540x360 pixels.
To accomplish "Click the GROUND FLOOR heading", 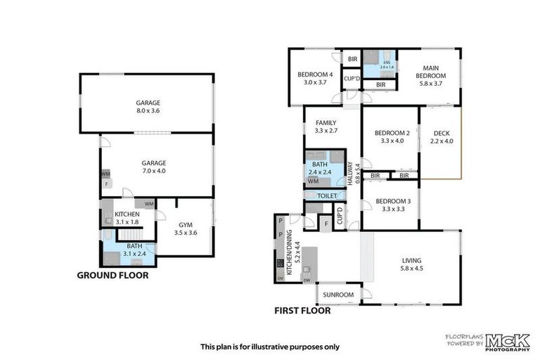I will click(x=112, y=276).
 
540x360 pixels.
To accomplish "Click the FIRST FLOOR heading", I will click(x=302, y=309).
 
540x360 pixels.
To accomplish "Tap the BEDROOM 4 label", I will click(x=316, y=78).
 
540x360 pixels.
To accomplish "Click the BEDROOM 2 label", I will click(x=392, y=136).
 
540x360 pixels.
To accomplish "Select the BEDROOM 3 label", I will click(x=392, y=205).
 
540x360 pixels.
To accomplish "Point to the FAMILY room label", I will click(x=326, y=126).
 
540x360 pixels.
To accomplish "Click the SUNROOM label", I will click(x=338, y=295).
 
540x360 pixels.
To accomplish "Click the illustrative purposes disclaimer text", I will click(x=270, y=347).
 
